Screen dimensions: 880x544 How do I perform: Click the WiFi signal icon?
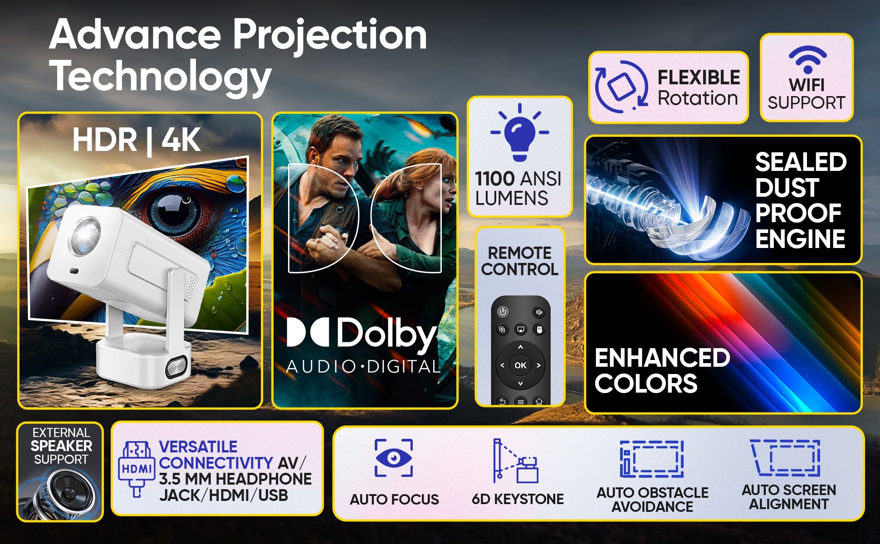click(807, 59)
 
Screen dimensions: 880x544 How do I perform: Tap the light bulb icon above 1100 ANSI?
click(520, 132)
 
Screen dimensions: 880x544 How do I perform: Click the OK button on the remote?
click(520, 365)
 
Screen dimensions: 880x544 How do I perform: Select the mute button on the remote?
click(539, 312)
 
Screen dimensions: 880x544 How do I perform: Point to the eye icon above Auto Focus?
click(394, 458)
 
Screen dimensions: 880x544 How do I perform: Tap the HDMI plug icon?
click(136, 469)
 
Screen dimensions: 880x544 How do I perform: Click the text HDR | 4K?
click(137, 140)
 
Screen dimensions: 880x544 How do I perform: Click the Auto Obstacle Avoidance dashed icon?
click(652, 459)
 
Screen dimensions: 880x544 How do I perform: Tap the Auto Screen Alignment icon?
click(785, 457)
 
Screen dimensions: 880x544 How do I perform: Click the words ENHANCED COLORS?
click(662, 370)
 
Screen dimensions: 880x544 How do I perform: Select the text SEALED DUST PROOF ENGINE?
click(801, 200)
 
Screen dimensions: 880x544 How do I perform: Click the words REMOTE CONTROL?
click(520, 261)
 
